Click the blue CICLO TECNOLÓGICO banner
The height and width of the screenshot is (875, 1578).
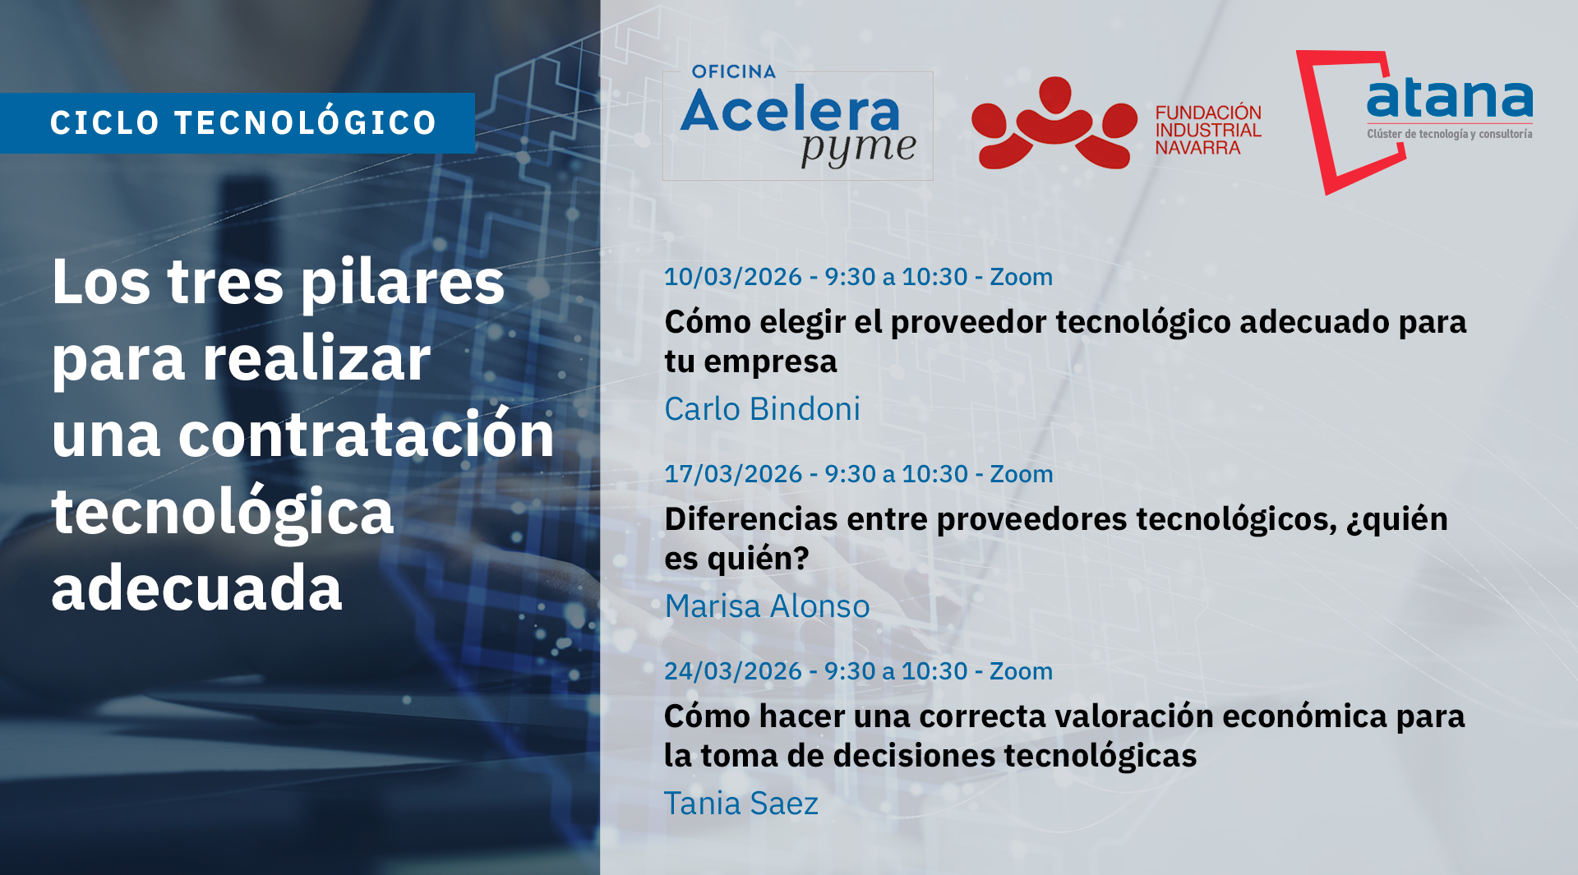pos(238,123)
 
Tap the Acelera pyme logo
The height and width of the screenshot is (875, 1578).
pos(796,125)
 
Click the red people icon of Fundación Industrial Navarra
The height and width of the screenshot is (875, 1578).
pos(1054,125)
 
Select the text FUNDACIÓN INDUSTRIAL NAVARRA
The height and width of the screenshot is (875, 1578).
pos(1207,130)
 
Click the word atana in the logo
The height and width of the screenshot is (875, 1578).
pos(1449,99)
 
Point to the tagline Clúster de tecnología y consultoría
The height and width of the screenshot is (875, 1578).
pos(1449,134)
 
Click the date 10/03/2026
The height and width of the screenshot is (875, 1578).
pos(732,277)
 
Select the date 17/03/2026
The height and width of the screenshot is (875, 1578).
pos(732,474)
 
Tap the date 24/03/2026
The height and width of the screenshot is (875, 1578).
pos(732,671)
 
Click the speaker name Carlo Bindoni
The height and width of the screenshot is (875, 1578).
pos(762,409)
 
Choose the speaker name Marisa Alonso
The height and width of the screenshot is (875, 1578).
pos(767,606)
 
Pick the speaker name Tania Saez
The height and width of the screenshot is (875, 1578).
pos(741,804)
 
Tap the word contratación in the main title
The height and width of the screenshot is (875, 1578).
pos(366,435)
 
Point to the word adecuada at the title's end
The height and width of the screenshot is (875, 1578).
pos(196,588)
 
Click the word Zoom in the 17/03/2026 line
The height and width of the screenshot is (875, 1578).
pos(1021,474)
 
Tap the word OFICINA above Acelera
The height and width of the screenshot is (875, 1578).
pos(733,72)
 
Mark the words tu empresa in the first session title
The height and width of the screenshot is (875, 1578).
pos(750,362)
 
